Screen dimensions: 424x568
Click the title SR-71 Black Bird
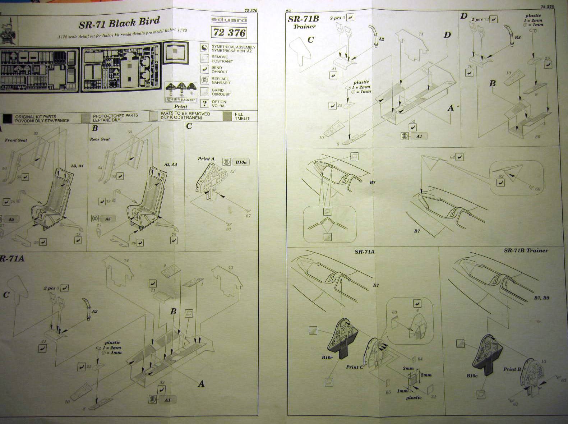(119, 23)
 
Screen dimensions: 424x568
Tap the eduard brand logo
(228, 20)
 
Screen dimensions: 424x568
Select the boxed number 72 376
(229, 33)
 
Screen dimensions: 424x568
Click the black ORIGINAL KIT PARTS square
(7, 118)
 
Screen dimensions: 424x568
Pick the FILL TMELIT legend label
(242, 116)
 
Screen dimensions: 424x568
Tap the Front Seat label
(16, 140)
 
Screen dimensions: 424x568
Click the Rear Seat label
(100, 139)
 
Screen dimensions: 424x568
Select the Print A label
(206, 159)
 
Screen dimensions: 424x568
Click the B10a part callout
(241, 162)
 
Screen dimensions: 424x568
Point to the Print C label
(355, 367)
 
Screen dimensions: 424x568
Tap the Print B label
(512, 369)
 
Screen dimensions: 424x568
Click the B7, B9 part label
(541, 298)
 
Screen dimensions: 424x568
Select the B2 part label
(518, 37)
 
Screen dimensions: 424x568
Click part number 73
(231, 267)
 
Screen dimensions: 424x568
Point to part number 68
(538, 189)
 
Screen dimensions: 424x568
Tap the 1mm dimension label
(402, 391)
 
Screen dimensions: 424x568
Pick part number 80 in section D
(537, 137)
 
